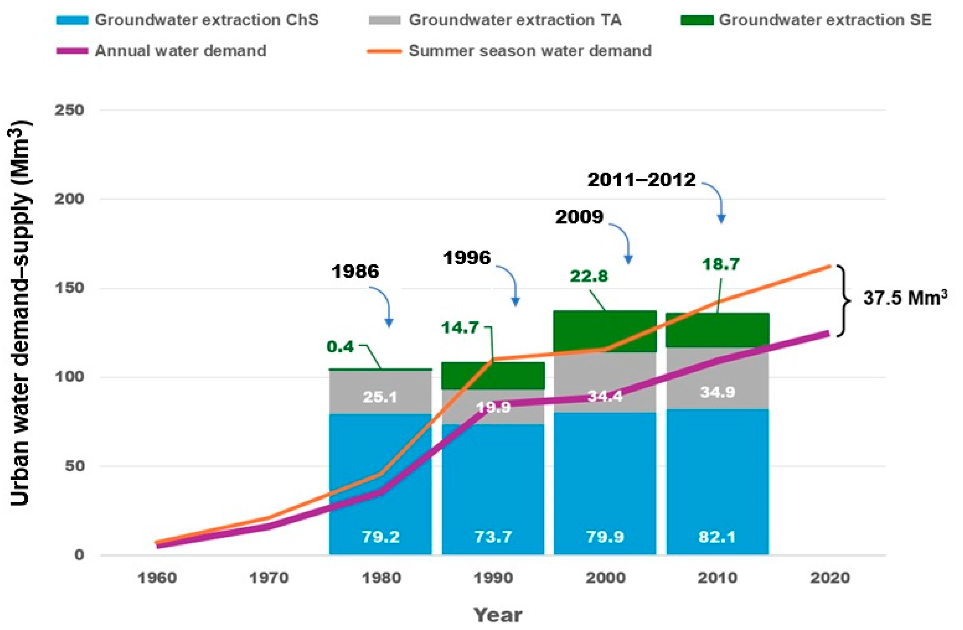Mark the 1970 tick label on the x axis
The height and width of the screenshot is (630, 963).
pos(269,578)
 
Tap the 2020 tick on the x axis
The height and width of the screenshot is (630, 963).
pos(830,578)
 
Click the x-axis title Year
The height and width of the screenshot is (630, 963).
pos(498,615)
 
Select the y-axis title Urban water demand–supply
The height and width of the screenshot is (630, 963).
pos(20,313)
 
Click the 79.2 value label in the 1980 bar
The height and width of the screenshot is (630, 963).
pos(380,537)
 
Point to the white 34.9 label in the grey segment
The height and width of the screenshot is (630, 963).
pos(718,392)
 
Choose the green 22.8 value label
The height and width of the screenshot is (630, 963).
pos(589,276)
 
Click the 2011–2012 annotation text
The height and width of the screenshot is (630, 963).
pos(641,180)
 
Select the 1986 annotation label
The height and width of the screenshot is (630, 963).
pos(355,271)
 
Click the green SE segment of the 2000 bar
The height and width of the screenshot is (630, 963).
pos(605,332)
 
